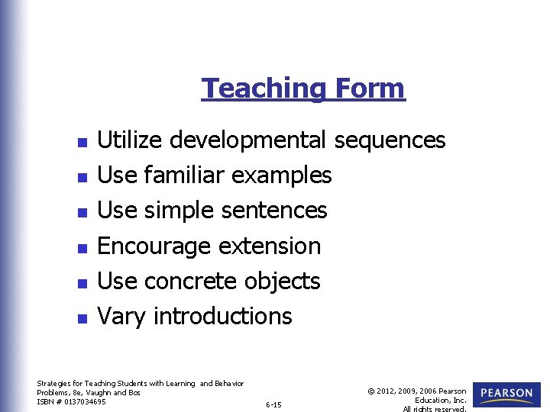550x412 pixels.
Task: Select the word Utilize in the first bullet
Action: click(130, 140)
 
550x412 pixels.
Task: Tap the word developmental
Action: click(248, 140)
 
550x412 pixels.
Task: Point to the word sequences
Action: click(390, 140)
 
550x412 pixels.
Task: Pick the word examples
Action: click(281, 175)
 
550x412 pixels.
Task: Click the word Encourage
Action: click(154, 246)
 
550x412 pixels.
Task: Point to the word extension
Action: click(270, 246)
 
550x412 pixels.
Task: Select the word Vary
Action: click(122, 317)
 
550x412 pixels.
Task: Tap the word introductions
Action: click(223, 317)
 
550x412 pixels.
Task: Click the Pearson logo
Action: click(507, 394)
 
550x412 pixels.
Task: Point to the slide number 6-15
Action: click(273, 404)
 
